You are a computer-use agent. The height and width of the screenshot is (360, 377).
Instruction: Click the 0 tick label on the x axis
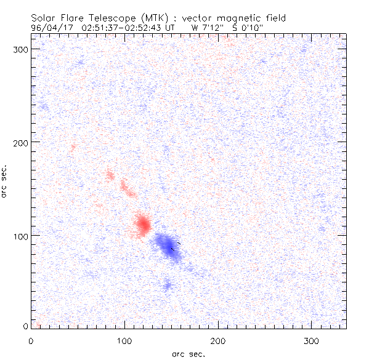(31, 340)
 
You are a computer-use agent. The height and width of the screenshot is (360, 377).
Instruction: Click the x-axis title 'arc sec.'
(188, 353)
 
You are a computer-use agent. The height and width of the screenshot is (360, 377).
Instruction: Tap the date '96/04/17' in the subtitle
(49, 27)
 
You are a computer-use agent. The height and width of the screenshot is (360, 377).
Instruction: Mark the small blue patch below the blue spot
(166, 285)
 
